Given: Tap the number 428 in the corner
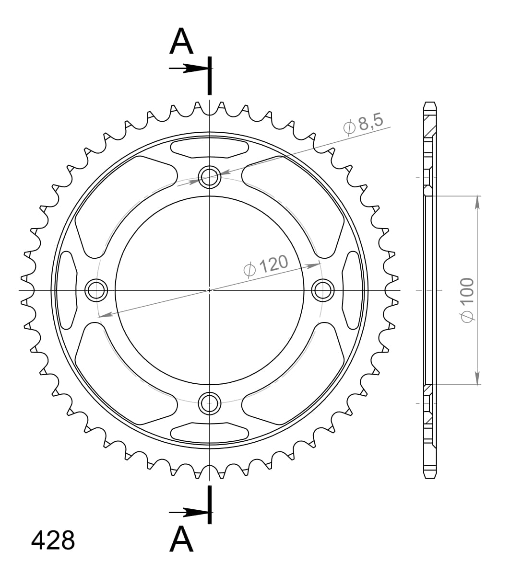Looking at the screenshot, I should [x=53, y=540].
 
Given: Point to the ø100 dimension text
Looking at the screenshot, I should [x=466, y=299].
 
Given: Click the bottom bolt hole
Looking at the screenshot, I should [x=210, y=403].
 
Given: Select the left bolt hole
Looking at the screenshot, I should [x=96, y=290].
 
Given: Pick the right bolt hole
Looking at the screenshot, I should [x=322, y=290].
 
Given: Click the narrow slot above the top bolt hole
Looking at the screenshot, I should [x=210, y=148].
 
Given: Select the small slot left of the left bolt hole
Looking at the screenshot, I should [x=67, y=290].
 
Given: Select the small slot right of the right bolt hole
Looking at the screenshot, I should [x=352, y=290].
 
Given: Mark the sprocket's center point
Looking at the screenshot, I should [x=210, y=290].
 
